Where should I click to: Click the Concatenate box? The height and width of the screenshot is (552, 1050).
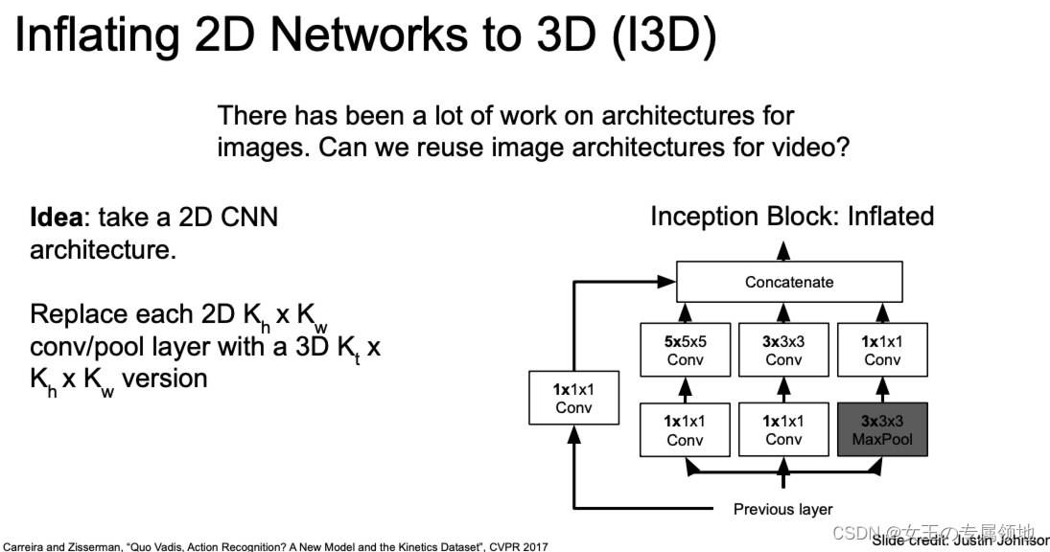(789, 283)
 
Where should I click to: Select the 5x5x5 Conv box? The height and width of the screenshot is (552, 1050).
(685, 350)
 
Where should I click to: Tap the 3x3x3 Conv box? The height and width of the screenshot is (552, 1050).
(783, 350)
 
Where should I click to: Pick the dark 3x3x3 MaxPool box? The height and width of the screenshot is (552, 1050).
(882, 429)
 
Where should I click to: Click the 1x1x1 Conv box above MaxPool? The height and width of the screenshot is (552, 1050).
(882, 350)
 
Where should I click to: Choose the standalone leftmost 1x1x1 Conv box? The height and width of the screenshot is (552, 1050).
(573, 398)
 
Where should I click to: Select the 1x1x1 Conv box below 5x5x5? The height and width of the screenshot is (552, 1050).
(685, 429)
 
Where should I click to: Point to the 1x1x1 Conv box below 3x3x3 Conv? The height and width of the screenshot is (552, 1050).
(783, 429)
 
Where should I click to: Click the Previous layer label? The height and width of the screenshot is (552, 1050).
(782, 509)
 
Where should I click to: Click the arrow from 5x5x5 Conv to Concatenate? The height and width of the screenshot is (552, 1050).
(685, 312)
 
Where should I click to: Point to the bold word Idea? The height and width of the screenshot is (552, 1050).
(56, 217)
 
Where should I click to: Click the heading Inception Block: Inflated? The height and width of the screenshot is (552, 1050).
(791, 216)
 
